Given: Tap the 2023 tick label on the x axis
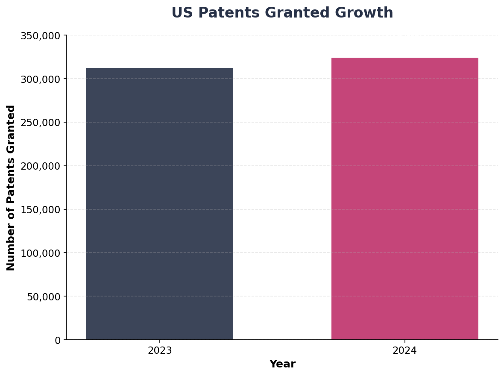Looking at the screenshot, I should (160, 351).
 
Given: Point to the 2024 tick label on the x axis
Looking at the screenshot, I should (404, 351).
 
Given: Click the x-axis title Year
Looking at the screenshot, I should (282, 364).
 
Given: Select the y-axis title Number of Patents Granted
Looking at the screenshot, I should (11, 188).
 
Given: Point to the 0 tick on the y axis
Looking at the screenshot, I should (58, 341).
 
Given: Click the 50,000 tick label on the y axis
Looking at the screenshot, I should (44, 297).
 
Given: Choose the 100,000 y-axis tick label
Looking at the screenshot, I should (41, 253).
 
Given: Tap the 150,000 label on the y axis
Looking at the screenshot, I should (41, 210).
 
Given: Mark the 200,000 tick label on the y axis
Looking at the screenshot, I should (41, 166).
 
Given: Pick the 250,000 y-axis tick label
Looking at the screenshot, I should (41, 123).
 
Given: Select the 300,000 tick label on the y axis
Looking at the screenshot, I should (41, 79).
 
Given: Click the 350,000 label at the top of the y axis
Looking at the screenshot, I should (41, 36).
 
